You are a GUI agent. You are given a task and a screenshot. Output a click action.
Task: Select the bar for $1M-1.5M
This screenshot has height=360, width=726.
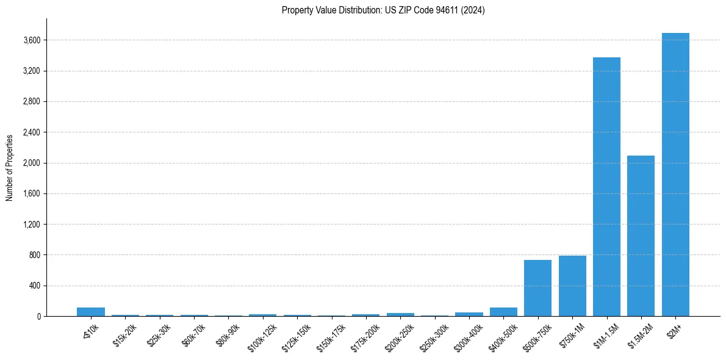[606, 187]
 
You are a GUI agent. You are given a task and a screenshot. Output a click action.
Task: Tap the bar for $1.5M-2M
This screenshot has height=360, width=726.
[641, 236]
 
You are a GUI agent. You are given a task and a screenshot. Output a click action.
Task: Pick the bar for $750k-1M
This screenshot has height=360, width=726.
[572, 286]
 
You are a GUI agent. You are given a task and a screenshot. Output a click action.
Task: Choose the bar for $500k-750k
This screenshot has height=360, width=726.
[537, 288]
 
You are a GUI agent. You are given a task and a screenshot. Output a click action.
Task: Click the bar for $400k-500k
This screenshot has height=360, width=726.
[503, 312]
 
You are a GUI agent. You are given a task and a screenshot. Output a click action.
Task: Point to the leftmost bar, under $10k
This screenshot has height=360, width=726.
[91, 312]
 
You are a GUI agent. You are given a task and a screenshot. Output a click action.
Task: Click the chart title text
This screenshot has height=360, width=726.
[383, 10]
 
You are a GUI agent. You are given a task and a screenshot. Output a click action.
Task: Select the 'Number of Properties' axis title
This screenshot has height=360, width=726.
[10, 167]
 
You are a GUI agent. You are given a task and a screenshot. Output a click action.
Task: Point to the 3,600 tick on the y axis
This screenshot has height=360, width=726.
[32, 40]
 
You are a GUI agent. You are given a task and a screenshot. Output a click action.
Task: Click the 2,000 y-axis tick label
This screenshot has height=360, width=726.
[32, 163]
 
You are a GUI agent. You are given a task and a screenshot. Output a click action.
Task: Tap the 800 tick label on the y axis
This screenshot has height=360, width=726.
[34, 255]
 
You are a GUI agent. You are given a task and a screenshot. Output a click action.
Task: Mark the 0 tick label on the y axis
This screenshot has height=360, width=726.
[38, 316]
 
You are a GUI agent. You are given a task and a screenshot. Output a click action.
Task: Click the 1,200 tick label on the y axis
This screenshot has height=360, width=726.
[32, 225]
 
